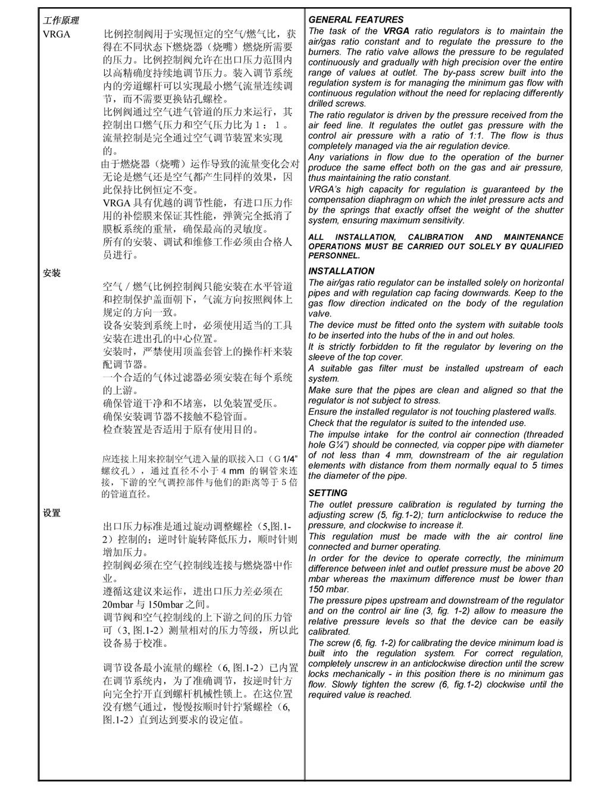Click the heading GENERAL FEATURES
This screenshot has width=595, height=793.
point(356,20)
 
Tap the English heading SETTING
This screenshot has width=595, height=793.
point(328,493)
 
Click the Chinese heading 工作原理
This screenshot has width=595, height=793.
point(60,21)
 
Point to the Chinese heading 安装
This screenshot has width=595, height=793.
point(52,274)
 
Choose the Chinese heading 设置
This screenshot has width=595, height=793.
point(52,513)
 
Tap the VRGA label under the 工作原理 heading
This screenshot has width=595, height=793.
point(57,35)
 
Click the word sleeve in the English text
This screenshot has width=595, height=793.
point(321,358)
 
